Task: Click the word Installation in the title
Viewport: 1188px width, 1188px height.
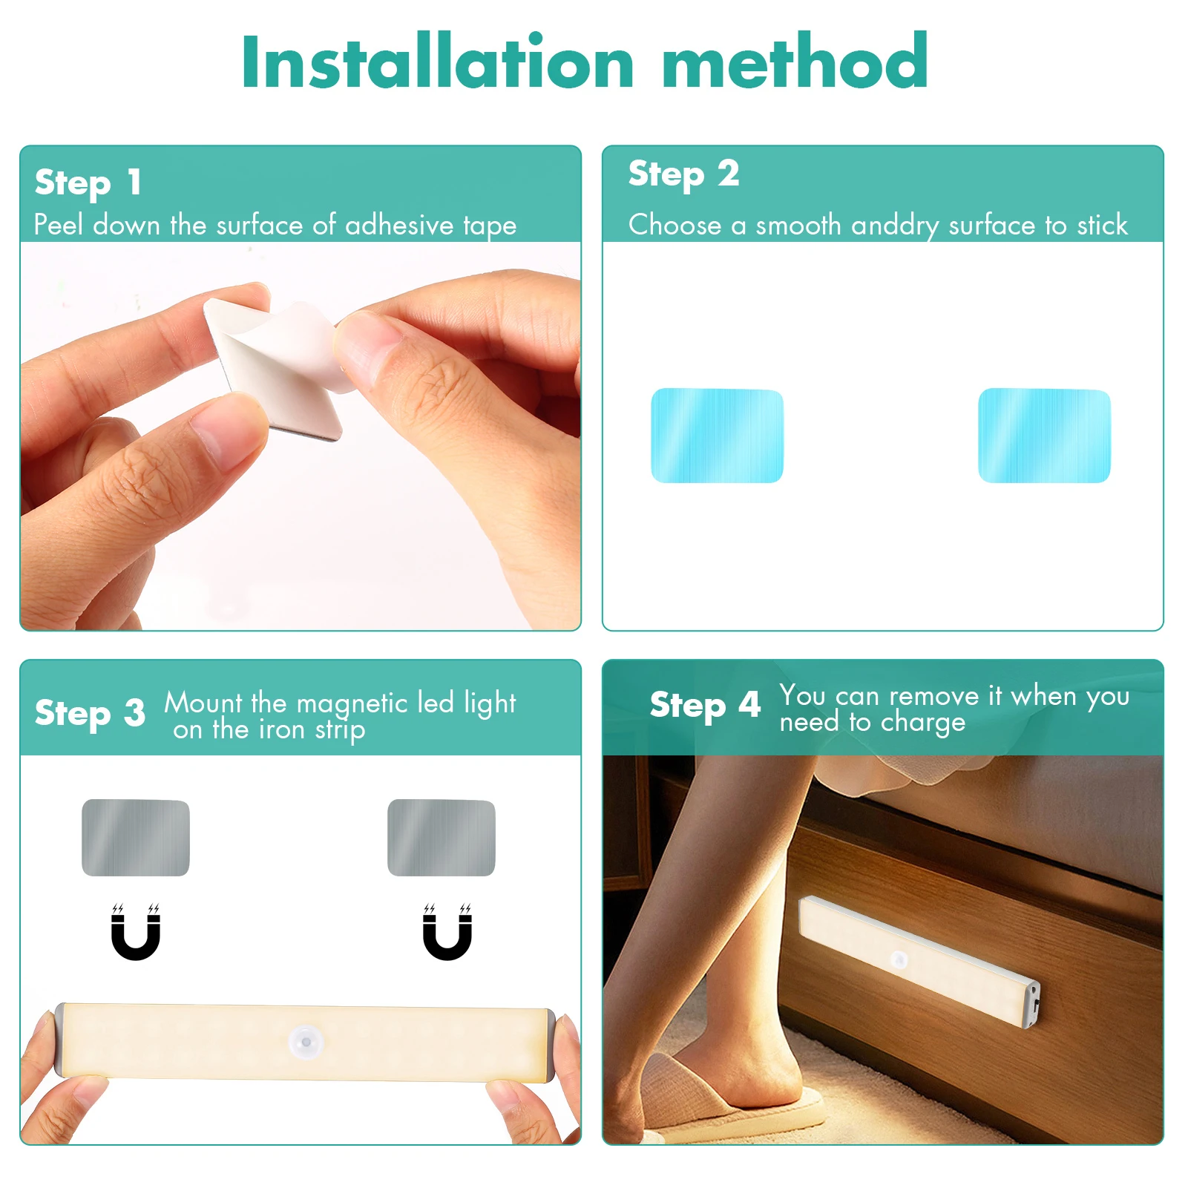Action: (438, 63)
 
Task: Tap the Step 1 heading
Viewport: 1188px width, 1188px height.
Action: (88, 183)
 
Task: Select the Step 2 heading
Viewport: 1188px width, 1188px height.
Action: (683, 174)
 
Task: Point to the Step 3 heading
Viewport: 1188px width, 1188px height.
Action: (90, 713)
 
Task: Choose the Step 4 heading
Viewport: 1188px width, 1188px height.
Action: (705, 705)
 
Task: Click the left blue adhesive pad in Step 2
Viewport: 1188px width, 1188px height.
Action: (717, 436)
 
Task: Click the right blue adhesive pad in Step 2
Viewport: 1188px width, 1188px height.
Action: (1044, 436)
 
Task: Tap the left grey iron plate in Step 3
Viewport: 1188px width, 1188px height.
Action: (136, 838)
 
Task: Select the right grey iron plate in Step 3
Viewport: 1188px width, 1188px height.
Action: (441, 838)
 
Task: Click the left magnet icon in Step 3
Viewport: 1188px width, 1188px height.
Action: (136, 933)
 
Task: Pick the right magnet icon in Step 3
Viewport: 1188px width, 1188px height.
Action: (447, 933)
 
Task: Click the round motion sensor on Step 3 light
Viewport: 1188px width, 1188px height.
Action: (306, 1042)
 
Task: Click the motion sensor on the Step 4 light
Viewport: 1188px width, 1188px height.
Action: (899, 959)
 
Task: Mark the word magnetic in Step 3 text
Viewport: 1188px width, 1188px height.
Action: (352, 703)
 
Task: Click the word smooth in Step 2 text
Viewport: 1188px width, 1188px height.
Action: (798, 225)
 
